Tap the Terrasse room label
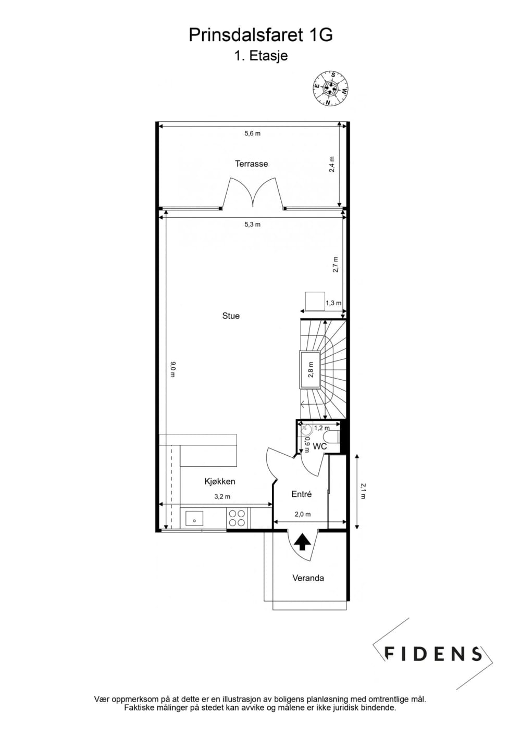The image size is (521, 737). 252,164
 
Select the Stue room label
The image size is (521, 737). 231,316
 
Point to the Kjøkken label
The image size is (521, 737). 220,482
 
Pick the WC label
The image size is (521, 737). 319,446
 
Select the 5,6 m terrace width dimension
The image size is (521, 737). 253,133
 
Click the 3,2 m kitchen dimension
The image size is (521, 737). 222,496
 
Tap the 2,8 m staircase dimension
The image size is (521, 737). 311,369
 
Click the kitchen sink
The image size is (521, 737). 194,518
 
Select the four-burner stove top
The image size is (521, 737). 237,518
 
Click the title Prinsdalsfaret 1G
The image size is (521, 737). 260,35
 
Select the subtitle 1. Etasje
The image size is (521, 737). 260,56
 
